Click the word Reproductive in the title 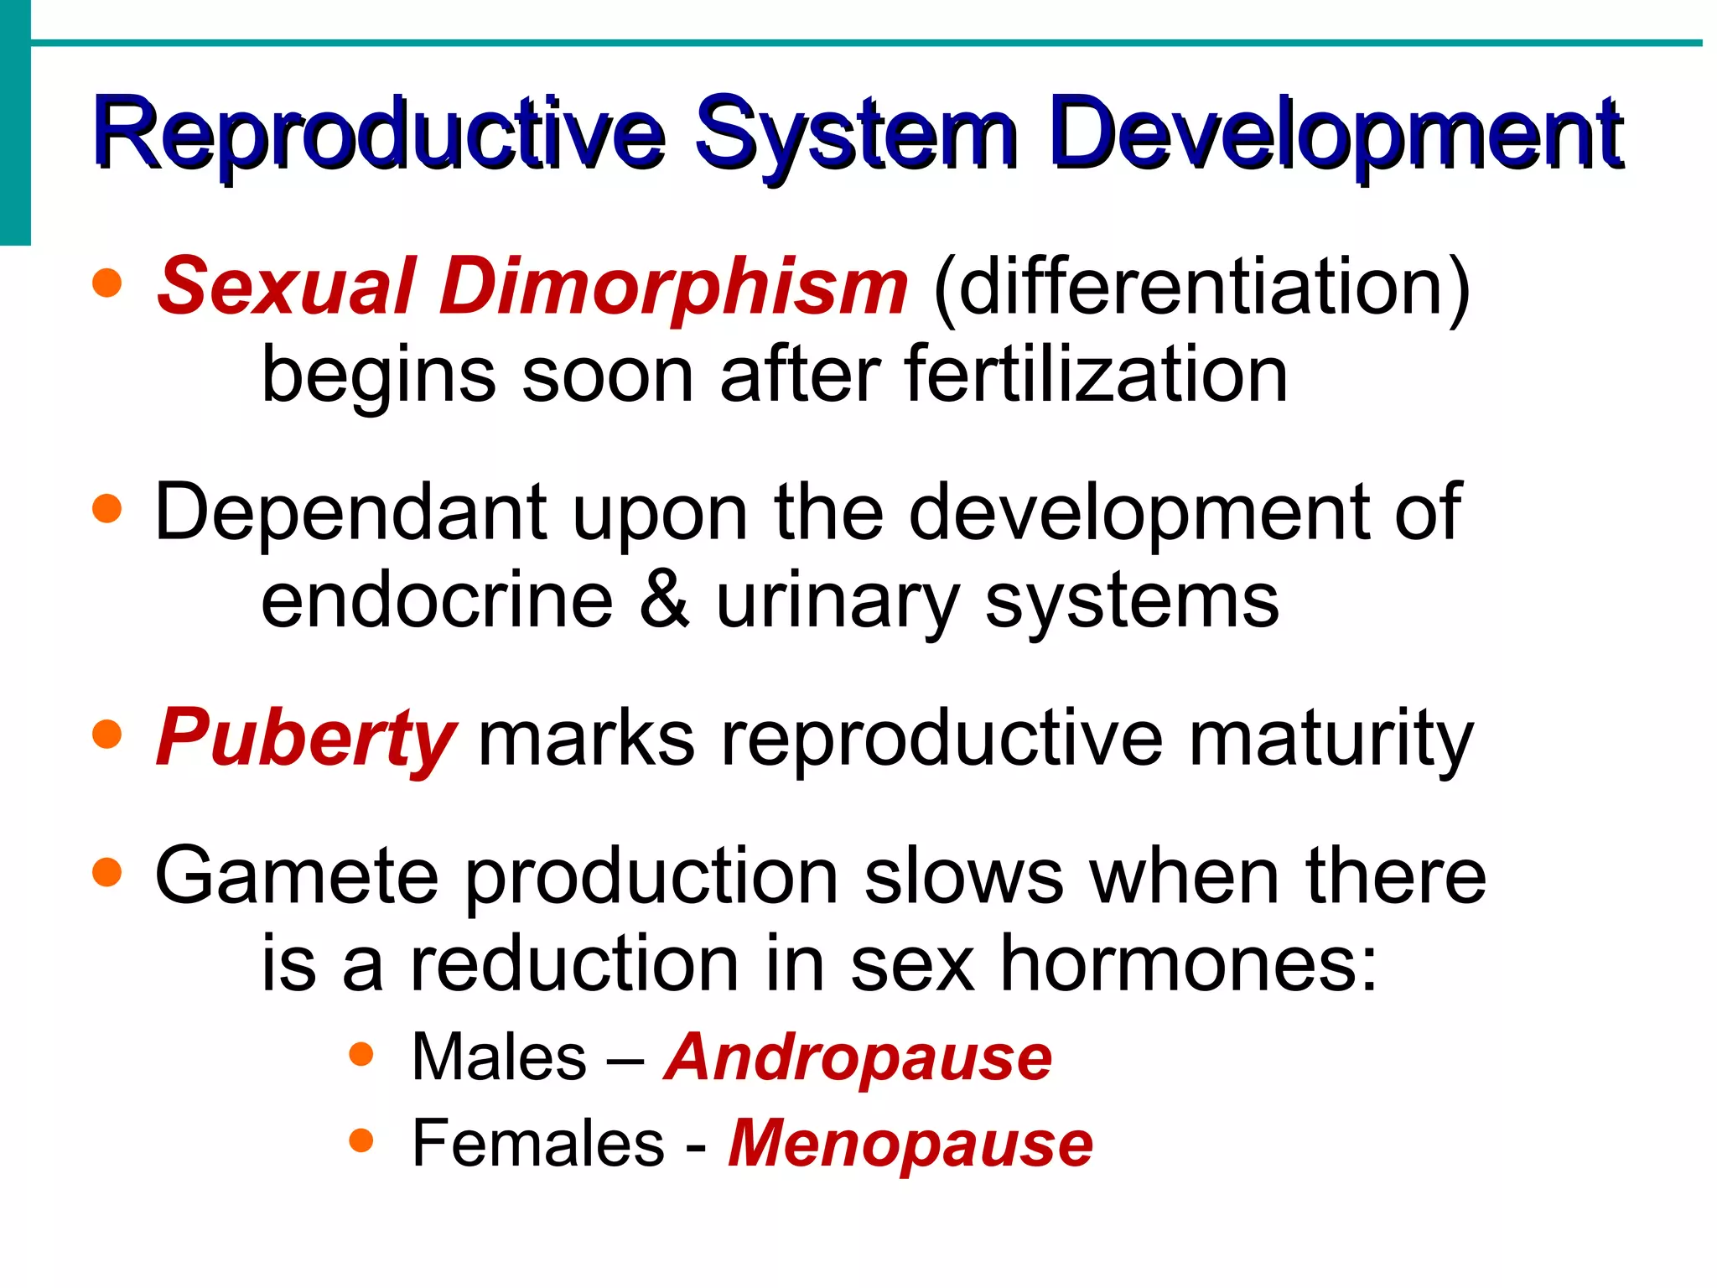pos(377,134)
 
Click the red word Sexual pos(285,287)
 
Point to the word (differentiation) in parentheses pos(1201,287)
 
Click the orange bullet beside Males pos(361,1054)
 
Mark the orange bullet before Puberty pos(107,735)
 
